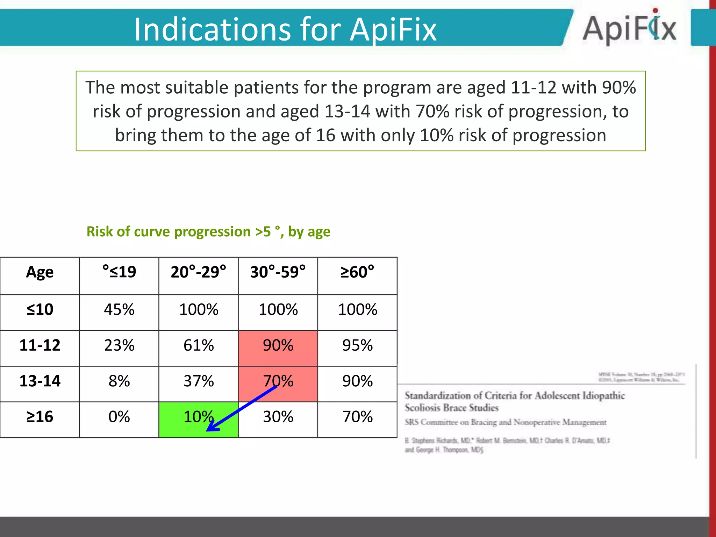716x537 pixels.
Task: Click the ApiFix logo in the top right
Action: (x=629, y=28)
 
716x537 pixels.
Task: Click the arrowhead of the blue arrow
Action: (x=211, y=428)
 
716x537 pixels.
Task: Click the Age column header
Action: (x=40, y=272)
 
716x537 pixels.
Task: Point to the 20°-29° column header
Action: (x=199, y=272)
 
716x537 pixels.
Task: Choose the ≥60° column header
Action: (x=357, y=272)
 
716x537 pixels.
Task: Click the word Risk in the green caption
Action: (x=99, y=232)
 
